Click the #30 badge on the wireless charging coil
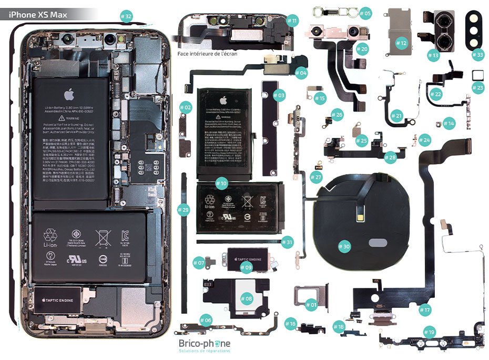point(344,246)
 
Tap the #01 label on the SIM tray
point(311,304)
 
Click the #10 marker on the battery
point(221,184)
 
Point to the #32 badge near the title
point(126,16)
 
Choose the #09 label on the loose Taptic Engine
point(246,267)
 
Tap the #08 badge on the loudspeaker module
point(246,298)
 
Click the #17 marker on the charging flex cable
point(425,310)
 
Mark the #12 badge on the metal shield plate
point(401,43)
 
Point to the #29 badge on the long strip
point(183,211)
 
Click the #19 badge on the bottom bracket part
point(430,332)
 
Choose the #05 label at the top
point(365,13)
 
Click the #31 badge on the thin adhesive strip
point(287,242)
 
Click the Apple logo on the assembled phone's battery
point(68,95)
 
